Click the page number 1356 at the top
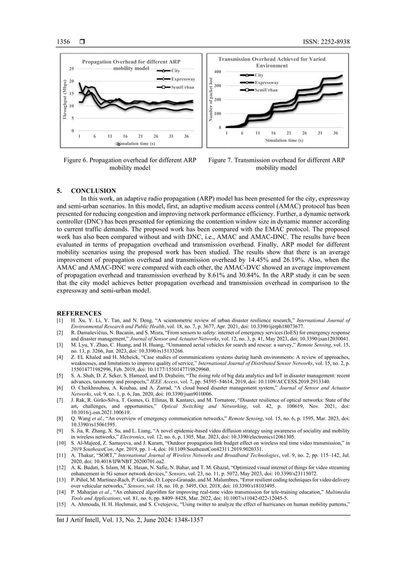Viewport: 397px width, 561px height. (63, 42)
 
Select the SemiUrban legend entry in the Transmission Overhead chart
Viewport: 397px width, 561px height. (266, 90)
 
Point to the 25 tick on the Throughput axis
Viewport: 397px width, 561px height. (72, 69)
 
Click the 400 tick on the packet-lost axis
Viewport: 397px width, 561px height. (218, 72)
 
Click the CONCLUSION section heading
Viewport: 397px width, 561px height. (93, 190)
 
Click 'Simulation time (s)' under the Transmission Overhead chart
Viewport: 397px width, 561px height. (284, 140)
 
